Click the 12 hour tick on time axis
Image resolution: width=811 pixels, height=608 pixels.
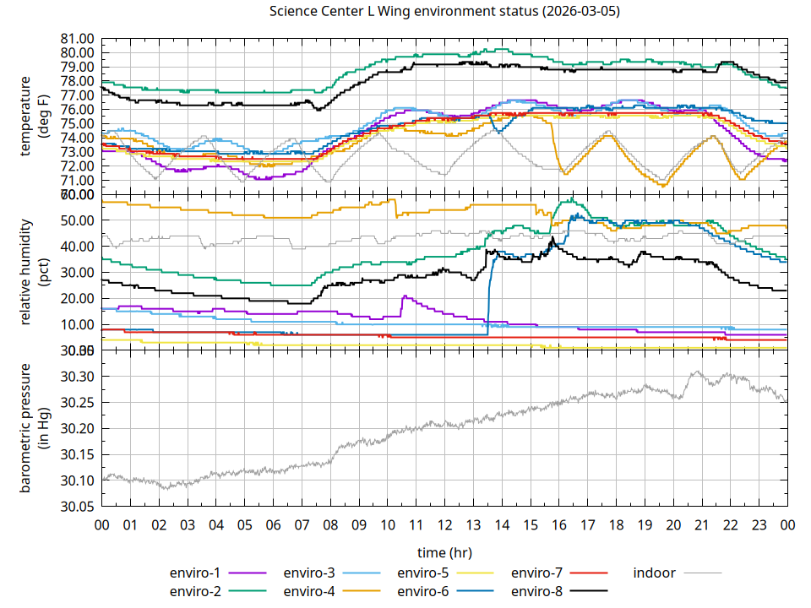pos(444,524)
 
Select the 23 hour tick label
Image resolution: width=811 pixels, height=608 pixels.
pos(759,524)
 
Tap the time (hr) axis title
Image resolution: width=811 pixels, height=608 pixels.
pos(444,551)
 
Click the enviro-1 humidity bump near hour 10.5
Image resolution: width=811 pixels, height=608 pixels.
pos(406,296)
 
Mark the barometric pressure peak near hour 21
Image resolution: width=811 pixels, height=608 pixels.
pos(697,371)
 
